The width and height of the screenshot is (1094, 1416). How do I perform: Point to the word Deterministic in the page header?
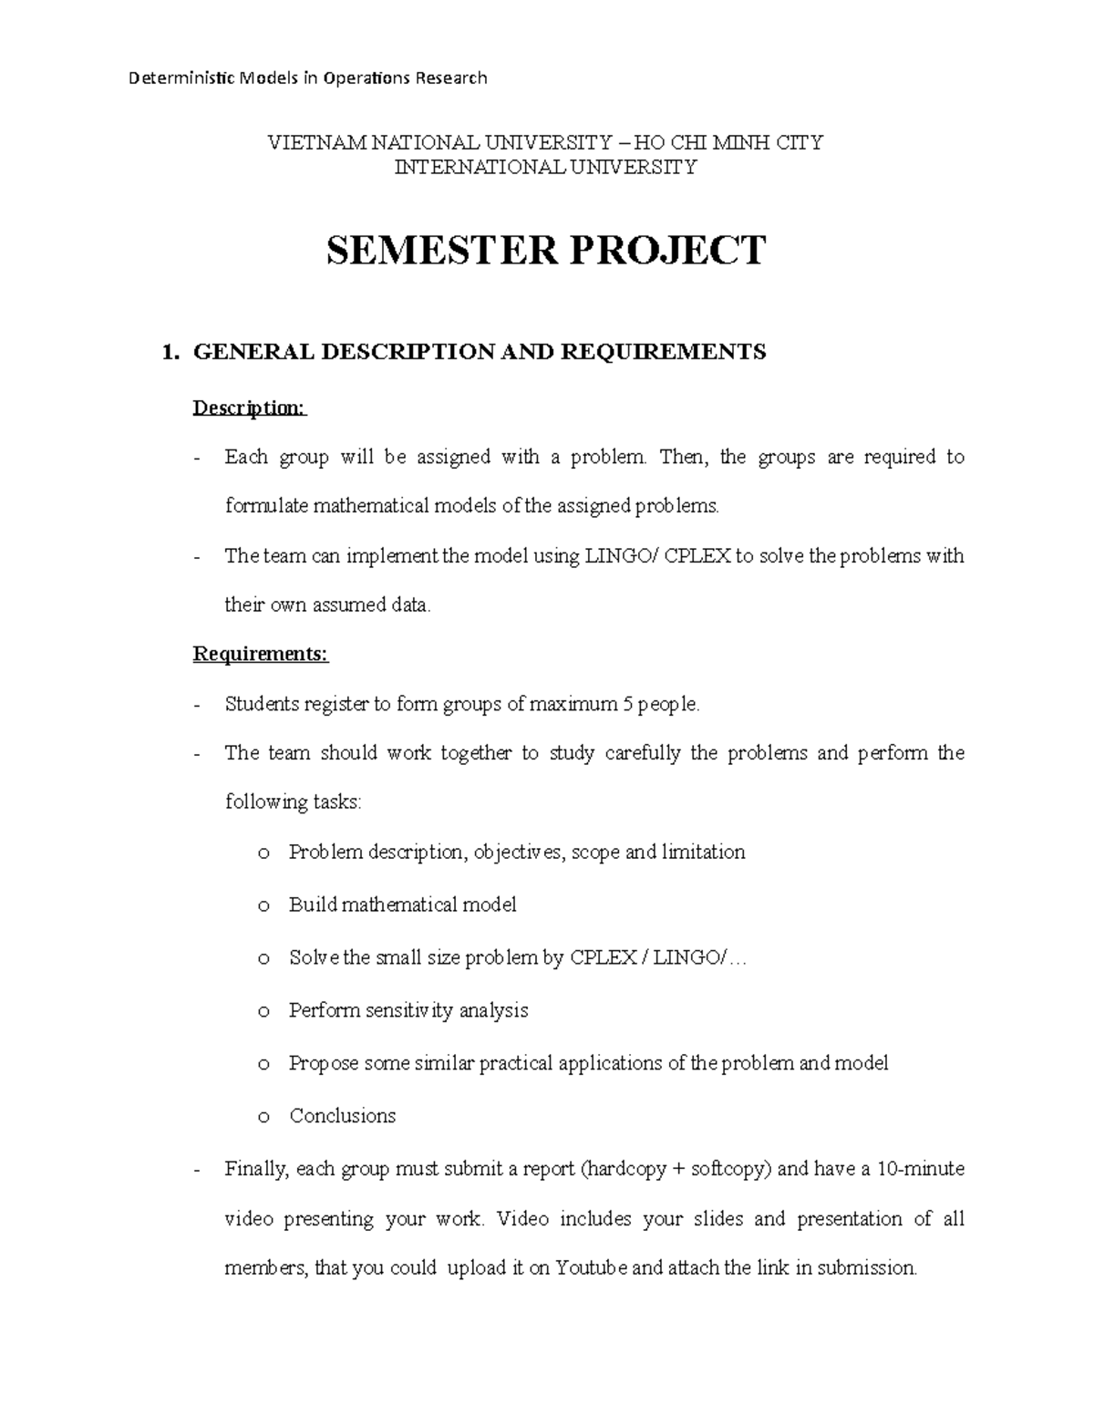181,78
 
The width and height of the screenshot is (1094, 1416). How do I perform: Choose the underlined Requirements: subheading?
260,654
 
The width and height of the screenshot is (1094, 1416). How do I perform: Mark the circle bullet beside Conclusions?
263,1117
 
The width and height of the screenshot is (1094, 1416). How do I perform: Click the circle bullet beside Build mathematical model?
263,906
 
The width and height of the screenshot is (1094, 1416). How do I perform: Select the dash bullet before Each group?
197,458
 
